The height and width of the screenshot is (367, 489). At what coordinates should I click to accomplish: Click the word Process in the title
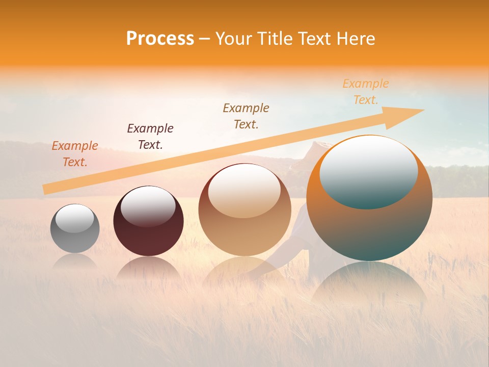click(x=160, y=39)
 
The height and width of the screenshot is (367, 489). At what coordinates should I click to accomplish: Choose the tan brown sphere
click(x=244, y=234)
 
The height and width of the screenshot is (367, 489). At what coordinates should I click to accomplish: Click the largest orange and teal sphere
click(x=369, y=229)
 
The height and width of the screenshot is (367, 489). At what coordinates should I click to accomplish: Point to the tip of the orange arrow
click(x=423, y=110)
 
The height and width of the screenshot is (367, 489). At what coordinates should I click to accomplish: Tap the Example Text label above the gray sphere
click(x=75, y=154)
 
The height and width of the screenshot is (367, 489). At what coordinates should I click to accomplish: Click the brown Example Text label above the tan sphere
click(x=246, y=116)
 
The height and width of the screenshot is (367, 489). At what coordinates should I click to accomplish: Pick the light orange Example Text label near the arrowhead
click(x=366, y=92)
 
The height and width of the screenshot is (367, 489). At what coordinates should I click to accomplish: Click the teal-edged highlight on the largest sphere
click(x=368, y=171)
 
